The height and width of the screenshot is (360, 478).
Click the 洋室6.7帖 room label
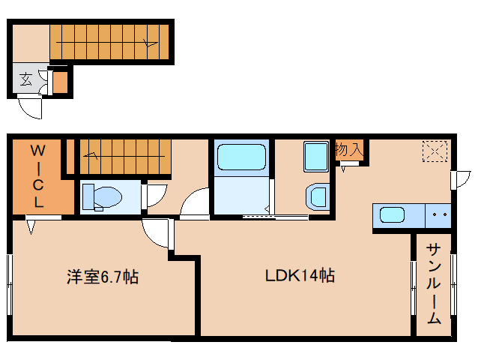tap(102, 277)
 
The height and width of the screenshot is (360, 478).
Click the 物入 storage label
tap(349, 149)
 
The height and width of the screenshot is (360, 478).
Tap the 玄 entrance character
tap(25, 79)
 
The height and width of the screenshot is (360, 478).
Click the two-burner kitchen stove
tap(438, 215)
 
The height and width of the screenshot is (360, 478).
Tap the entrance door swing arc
tap(30, 108)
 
